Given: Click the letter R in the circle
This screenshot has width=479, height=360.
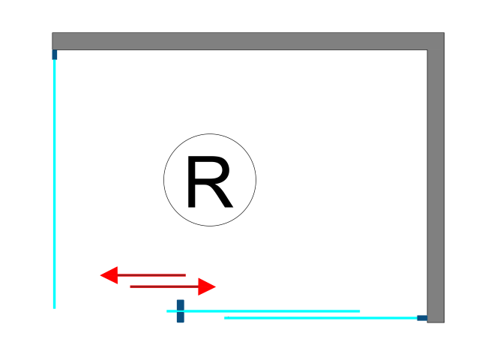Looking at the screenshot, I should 209,181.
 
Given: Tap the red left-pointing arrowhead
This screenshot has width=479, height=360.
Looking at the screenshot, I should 110,275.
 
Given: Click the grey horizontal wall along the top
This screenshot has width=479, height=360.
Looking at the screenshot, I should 240,41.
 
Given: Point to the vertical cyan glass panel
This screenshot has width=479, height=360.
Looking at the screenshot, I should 54,180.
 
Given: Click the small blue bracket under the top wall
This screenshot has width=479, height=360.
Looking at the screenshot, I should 55,54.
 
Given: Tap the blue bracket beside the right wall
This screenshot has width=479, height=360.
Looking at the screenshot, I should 422,318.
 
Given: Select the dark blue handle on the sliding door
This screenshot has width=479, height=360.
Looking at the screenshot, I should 180,311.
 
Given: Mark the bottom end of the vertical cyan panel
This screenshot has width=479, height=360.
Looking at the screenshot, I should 54,306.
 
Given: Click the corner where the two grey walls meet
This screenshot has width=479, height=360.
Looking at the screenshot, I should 436,41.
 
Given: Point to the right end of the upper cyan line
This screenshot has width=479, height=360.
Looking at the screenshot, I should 358,310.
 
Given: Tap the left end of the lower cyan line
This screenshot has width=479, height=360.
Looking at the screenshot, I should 226,318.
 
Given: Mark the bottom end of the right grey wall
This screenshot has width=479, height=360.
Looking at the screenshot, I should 436,320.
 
